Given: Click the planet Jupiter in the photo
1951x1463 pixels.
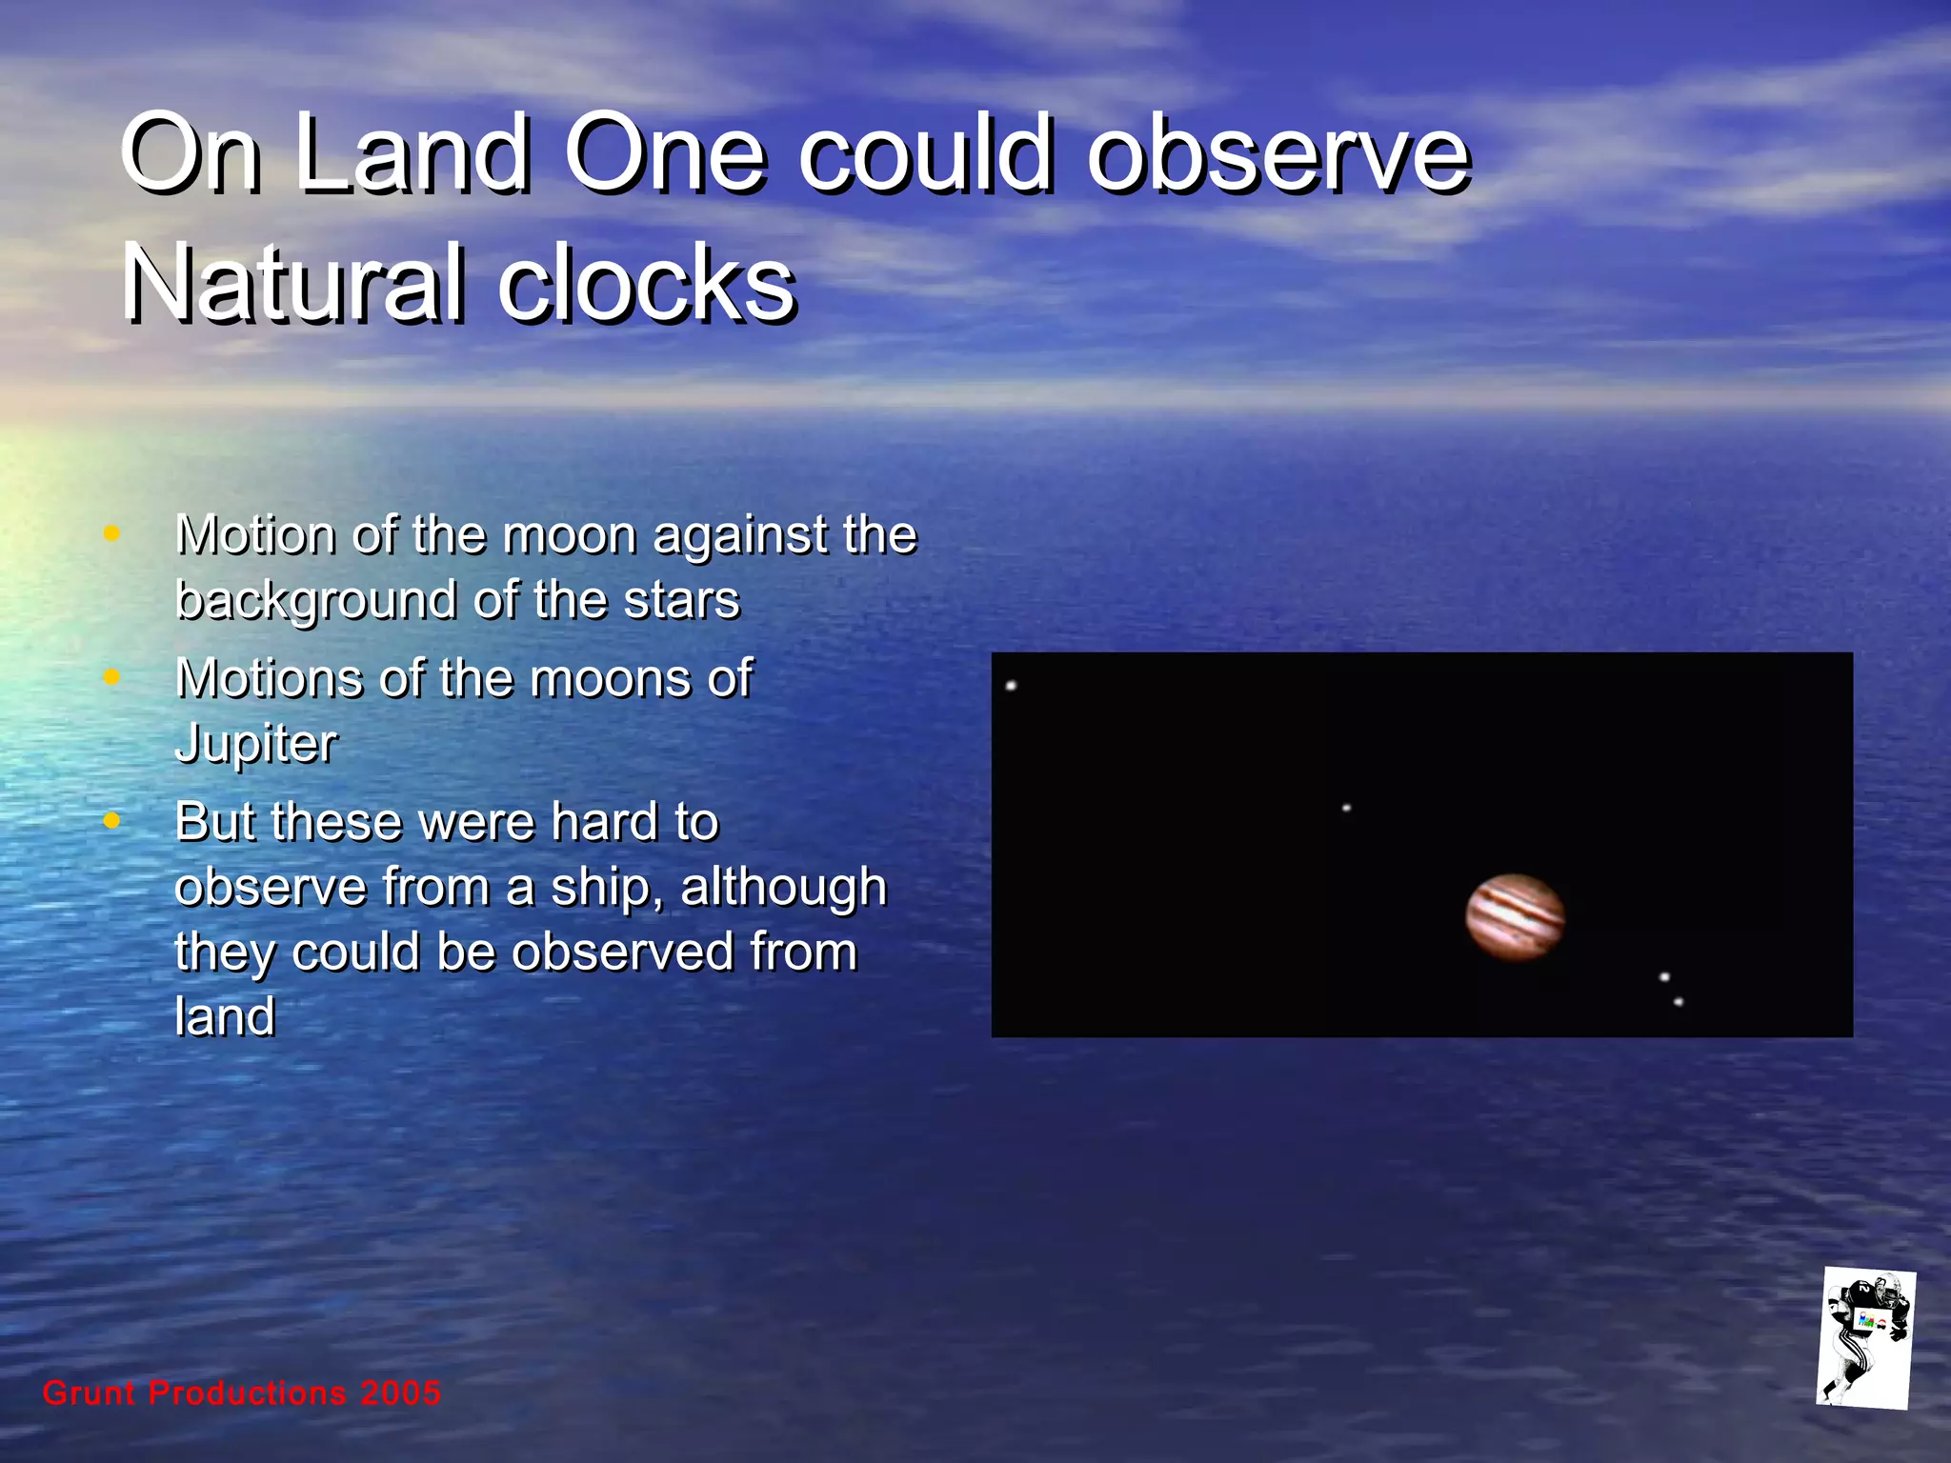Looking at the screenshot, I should click(1515, 917).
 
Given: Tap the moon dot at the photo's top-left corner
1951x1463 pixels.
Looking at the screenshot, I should click(1011, 686).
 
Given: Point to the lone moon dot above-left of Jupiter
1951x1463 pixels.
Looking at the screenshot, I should click(1346, 809).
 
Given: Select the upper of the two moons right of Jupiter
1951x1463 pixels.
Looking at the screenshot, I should click(1664, 977).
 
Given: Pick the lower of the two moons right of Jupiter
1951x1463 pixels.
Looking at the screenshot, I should click(1679, 1002).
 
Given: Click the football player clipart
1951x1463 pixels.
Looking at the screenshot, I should click(1865, 1338).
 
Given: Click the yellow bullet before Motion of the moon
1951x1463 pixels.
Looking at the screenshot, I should click(111, 533).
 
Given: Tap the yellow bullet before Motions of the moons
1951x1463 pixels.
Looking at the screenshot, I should click(111, 677).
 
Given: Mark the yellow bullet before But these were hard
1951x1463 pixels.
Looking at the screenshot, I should click(111, 820).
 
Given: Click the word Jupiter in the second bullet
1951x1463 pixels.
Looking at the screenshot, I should click(256, 744).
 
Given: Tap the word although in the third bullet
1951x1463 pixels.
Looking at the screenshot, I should click(783, 888).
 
